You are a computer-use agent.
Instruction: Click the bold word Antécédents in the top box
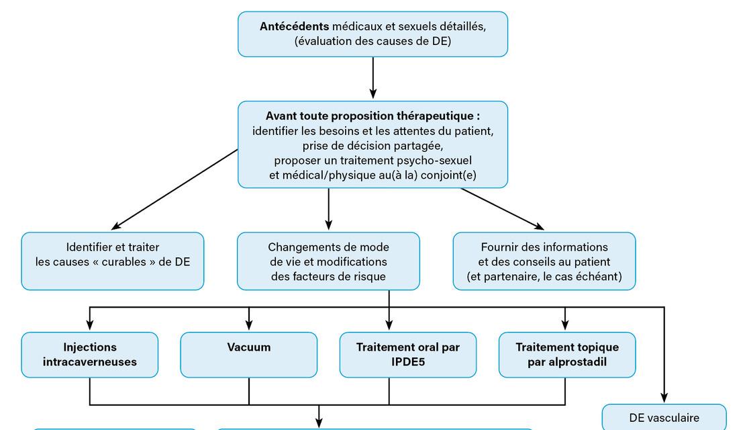(x=294, y=27)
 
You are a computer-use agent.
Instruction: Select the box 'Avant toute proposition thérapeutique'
(x=372, y=144)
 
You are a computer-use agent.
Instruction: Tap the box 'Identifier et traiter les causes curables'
(x=113, y=261)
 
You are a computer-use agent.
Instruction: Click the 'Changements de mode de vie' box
(x=328, y=261)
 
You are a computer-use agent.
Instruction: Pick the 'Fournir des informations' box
(x=544, y=261)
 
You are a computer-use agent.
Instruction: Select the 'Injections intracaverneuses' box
(x=90, y=355)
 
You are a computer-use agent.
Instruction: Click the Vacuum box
(x=249, y=355)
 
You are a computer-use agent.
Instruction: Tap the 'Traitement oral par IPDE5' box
(x=408, y=355)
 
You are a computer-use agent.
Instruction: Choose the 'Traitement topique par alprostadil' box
(x=567, y=355)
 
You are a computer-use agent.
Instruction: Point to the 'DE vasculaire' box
(x=664, y=417)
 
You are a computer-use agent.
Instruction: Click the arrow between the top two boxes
(x=373, y=78)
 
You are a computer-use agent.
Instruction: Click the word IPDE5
(x=408, y=362)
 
